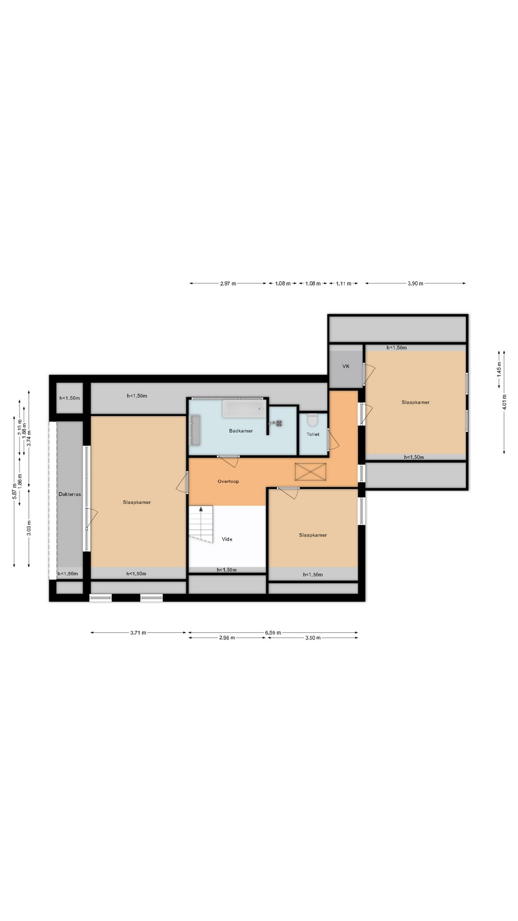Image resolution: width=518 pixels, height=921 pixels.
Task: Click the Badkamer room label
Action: (x=241, y=431)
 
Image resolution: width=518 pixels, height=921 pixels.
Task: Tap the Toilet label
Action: (x=313, y=434)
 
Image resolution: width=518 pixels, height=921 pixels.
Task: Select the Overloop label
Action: (x=228, y=481)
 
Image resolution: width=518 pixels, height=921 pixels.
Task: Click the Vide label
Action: (x=227, y=539)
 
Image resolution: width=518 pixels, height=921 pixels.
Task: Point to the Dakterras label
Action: (x=70, y=494)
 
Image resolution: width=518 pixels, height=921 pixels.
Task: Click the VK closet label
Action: (x=346, y=366)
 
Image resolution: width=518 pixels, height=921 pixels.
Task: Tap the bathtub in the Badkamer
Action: (x=244, y=410)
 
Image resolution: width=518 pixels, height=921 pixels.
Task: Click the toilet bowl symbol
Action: (x=313, y=420)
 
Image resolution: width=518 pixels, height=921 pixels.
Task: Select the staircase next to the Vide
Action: (x=201, y=524)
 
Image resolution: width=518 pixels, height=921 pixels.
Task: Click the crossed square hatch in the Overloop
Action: (x=310, y=472)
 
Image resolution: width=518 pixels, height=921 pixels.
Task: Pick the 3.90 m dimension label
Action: (x=415, y=283)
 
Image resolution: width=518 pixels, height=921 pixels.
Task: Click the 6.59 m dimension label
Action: (x=273, y=633)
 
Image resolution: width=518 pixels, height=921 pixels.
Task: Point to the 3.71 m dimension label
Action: (x=138, y=633)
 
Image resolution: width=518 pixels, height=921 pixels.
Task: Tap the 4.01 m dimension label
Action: (x=504, y=401)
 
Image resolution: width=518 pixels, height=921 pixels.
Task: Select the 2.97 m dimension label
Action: (x=228, y=283)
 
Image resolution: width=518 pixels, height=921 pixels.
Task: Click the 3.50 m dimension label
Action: (x=313, y=638)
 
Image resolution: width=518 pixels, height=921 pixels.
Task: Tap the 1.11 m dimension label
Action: (x=343, y=283)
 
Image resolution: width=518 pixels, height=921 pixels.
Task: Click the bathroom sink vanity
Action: (x=195, y=430)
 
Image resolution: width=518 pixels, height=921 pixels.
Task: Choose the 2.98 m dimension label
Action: (x=227, y=638)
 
